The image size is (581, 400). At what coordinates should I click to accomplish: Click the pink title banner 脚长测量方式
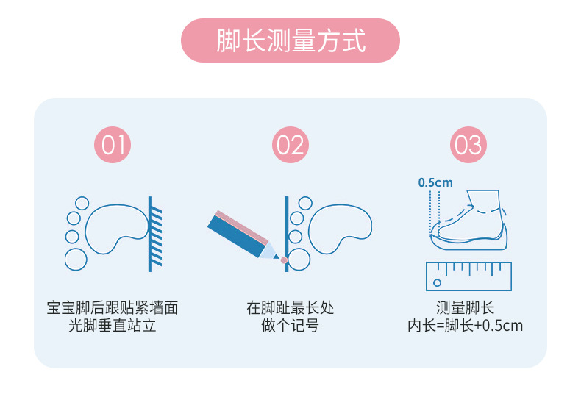[x=290, y=40]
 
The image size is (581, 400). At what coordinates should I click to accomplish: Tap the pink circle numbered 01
[x=113, y=145]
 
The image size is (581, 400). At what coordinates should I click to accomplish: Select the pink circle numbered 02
[x=290, y=145]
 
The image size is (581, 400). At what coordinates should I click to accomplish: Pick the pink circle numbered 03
[x=468, y=145]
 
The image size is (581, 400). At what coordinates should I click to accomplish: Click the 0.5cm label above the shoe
[x=435, y=182]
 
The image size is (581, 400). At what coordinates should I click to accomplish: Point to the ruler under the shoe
[x=468, y=276]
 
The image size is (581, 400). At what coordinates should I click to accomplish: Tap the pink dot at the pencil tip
[x=284, y=260]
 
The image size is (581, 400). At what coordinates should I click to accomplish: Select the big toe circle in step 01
[x=76, y=259]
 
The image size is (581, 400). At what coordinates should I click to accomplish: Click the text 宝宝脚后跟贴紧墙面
[x=113, y=308]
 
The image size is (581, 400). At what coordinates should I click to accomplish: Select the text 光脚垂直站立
[x=113, y=325]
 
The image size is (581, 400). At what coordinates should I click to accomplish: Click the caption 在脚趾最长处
[x=290, y=308]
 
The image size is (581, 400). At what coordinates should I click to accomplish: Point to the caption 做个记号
[x=290, y=325]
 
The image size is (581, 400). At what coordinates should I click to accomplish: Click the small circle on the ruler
[x=437, y=282]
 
